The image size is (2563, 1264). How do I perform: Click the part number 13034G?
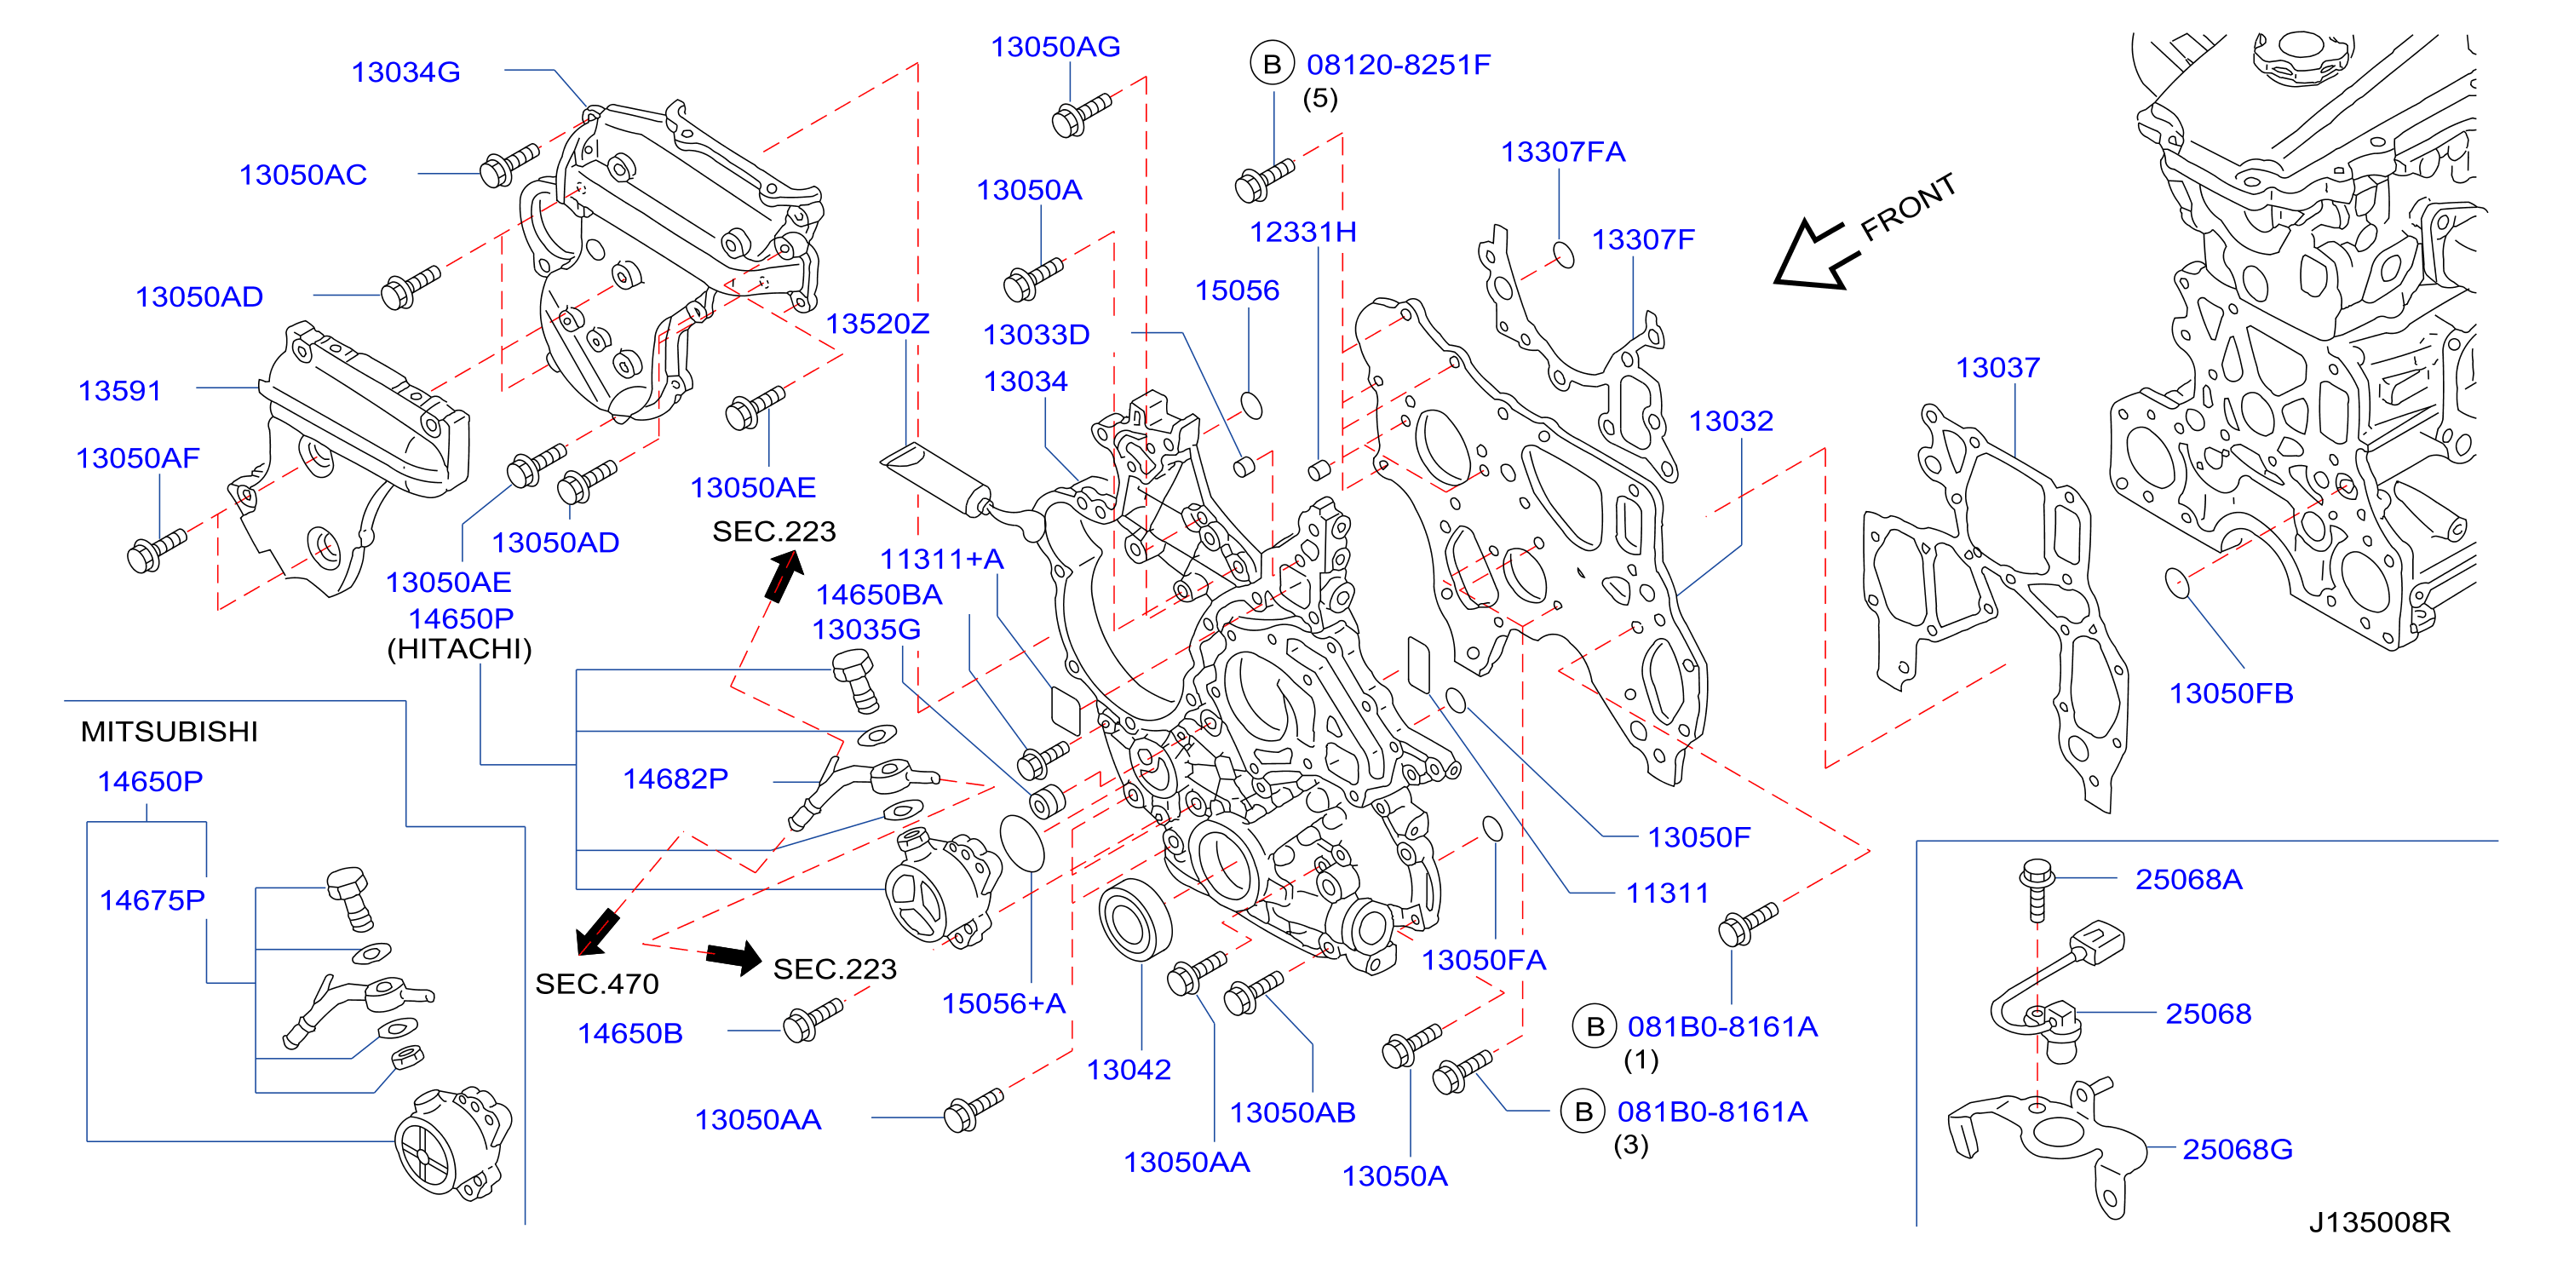point(406,72)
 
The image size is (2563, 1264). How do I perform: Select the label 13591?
point(119,390)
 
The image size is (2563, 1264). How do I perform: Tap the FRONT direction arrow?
point(1817,256)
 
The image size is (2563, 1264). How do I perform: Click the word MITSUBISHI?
point(170,732)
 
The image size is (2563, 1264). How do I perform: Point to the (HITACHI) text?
point(460,649)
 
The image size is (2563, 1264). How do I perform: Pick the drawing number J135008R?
point(2379,1221)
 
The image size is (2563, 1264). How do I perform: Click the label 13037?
point(1998,367)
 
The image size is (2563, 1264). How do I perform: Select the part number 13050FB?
point(2231,692)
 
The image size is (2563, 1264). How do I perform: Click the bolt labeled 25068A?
point(2037,888)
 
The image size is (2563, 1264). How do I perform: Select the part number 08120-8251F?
point(1398,65)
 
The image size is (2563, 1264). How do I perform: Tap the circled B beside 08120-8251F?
point(1272,64)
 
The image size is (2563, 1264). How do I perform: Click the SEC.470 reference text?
point(597,983)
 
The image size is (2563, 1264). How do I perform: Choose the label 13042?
point(1129,1069)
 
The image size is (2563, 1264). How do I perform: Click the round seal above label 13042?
point(1135,921)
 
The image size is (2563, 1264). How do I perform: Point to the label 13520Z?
point(876,324)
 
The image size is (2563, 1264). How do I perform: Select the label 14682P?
point(675,779)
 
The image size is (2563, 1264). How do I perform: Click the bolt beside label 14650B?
point(813,1020)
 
